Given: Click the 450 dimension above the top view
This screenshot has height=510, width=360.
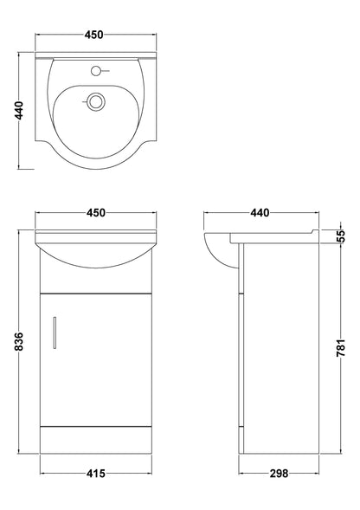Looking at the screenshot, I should pyautogui.click(x=93, y=35).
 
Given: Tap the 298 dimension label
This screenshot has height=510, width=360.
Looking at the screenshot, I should pyautogui.click(x=276, y=474).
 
